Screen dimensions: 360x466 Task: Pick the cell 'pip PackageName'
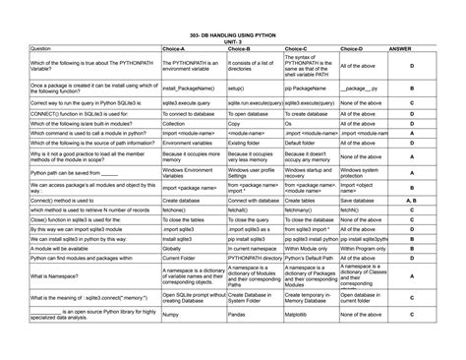pos(305,89)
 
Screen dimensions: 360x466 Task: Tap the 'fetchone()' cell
pos(175,210)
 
